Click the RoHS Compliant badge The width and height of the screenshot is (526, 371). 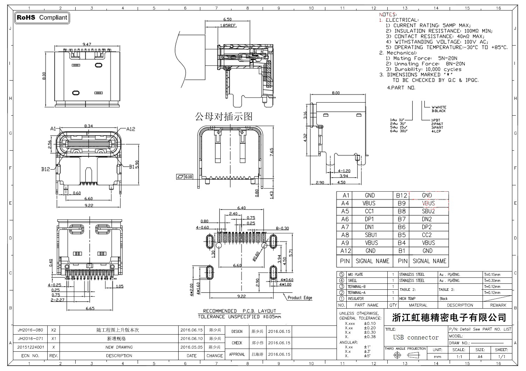pos(42,18)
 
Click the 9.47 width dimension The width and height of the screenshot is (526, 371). pos(86,44)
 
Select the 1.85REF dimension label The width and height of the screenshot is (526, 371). pos(228,26)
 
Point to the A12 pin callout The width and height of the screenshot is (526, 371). pos(131,129)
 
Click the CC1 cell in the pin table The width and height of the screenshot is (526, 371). pos(369,211)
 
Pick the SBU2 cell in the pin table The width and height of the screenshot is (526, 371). pos(428,211)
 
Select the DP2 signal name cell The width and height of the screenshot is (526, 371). pos(427,227)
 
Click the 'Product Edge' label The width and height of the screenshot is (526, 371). pos(300,298)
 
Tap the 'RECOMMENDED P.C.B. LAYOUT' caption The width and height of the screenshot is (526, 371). pos(240,311)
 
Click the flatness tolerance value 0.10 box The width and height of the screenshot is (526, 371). pos(188,177)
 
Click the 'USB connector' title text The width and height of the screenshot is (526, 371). pos(416,337)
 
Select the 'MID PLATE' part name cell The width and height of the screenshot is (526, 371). pos(355,275)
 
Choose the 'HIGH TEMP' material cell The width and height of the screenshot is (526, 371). pos(407,299)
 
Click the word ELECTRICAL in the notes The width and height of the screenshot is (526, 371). pos(401,20)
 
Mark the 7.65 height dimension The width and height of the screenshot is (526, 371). pos(272,152)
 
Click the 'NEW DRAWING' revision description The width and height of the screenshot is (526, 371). pos(119,348)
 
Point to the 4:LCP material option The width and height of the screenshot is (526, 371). pos(436,131)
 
